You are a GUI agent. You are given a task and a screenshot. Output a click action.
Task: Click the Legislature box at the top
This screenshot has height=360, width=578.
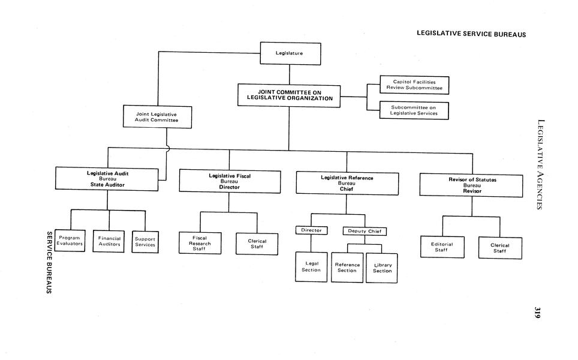pyautogui.click(x=290, y=53)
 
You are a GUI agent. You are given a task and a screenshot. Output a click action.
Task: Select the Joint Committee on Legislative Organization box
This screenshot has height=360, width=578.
pyautogui.click(x=290, y=95)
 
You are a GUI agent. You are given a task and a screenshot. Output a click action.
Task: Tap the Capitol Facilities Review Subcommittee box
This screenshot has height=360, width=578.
pyautogui.click(x=414, y=85)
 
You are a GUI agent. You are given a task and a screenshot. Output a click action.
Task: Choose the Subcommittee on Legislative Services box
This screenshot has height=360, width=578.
pyautogui.click(x=414, y=110)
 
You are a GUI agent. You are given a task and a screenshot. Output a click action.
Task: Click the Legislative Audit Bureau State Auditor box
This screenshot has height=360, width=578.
pyautogui.click(x=107, y=179)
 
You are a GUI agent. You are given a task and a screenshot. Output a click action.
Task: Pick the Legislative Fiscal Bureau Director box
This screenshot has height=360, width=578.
pyautogui.click(x=230, y=181)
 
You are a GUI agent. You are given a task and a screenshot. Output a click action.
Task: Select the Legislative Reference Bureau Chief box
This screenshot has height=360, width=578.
pyautogui.click(x=347, y=183)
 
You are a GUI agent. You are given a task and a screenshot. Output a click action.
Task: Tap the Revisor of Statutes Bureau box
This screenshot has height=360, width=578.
pyautogui.click(x=472, y=185)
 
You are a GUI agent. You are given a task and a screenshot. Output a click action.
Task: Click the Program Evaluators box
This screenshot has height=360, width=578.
pyautogui.click(x=70, y=241)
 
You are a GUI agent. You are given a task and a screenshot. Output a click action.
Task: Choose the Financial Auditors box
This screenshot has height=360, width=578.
pyautogui.click(x=109, y=241)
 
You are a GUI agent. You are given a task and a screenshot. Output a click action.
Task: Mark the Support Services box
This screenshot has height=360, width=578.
pyautogui.click(x=145, y=242)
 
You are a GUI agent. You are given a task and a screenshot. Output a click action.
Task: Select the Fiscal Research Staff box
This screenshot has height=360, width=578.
pyautogui.click(x=200, y=243)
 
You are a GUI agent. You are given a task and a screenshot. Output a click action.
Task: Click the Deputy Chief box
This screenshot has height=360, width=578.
pyautogui.click(x=365, y=231)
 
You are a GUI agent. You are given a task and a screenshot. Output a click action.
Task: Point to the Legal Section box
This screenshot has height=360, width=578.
pyautogui.click(x=312, y=266)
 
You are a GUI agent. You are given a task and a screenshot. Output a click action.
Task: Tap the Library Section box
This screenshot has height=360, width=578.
pyautogui.click(x=382, y=268)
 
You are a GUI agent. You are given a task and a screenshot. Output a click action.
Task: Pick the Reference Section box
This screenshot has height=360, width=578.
pyautogui.click(x=347, y=267)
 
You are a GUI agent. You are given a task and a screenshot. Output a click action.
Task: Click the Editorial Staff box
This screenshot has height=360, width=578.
pyautogui.click(x=442, y=247)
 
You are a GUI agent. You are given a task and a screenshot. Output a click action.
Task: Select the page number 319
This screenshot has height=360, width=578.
pyautogui.click(x=538, y=313)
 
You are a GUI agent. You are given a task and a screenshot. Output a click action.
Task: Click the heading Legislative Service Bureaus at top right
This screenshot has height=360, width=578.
pyautogui.click(x=471, y=34)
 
